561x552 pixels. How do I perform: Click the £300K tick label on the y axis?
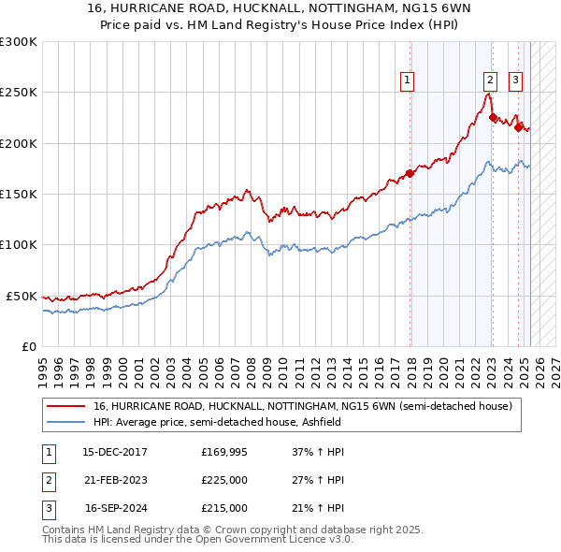(19, 42)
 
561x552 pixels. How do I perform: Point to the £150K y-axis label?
(19, 195)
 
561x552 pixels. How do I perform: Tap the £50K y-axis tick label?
(22, 296)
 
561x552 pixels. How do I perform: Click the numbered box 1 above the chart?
(409, 80)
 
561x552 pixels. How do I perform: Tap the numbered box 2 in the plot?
(490, 80)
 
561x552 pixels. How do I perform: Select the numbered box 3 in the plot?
(515, 80)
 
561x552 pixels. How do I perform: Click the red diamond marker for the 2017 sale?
(410, 173)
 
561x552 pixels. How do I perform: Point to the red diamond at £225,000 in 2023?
(493, 118)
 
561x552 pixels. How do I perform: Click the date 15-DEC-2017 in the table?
(116, 452)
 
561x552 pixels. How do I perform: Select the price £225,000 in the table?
(224, 480)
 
